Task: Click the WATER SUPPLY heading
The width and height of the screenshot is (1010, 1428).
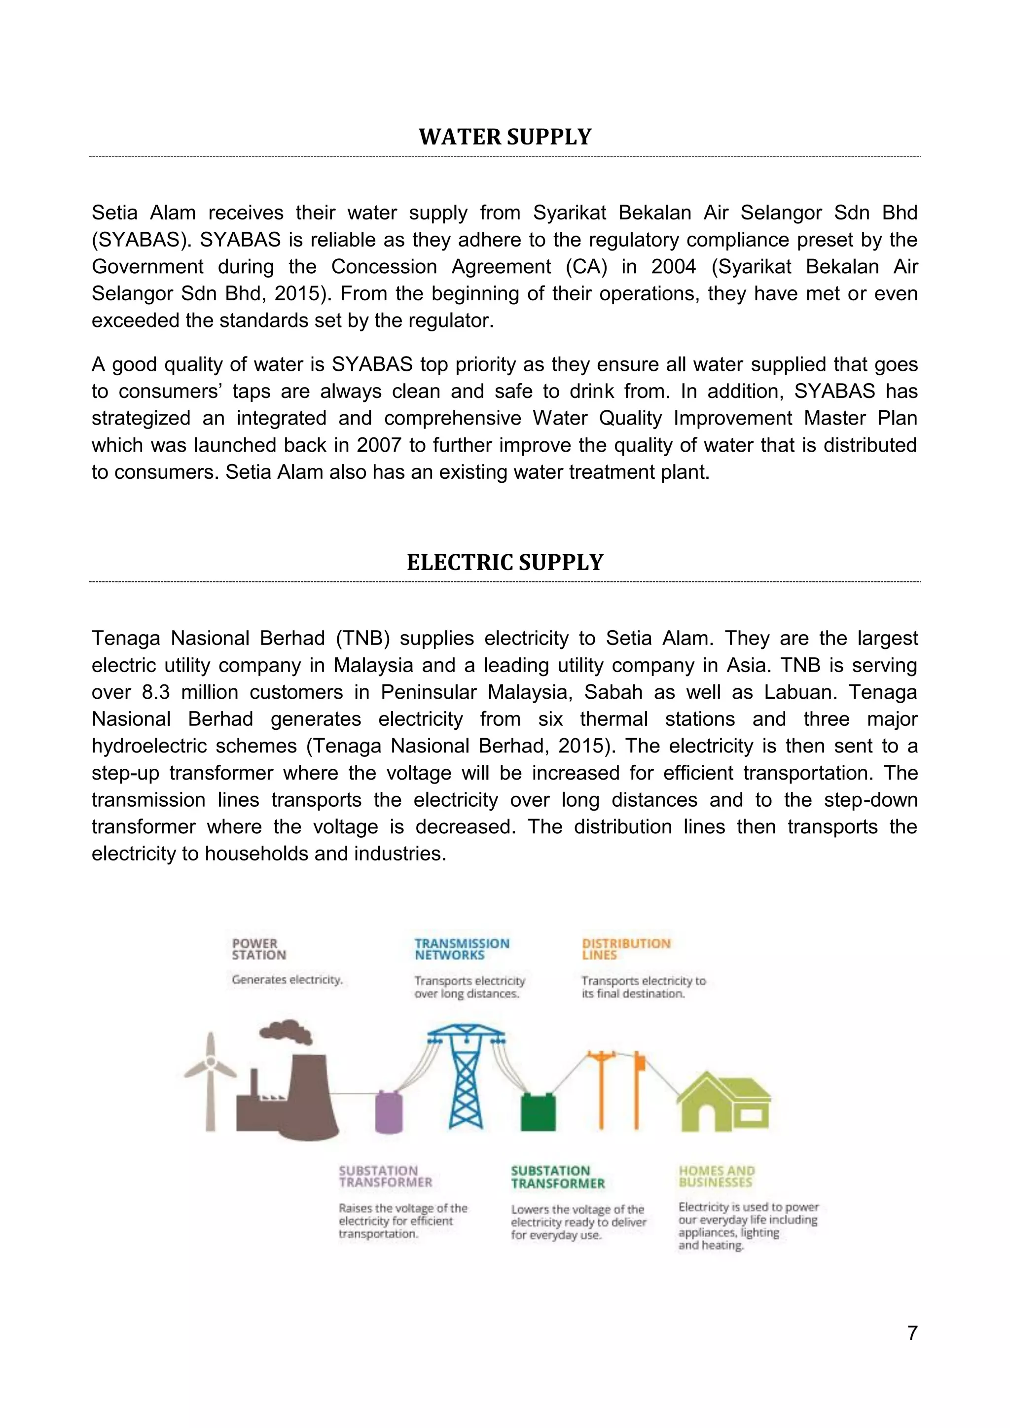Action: [x=505, y=137]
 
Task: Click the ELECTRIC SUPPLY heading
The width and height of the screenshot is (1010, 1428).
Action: [x=505, y=562]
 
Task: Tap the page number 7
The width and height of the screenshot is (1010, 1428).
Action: [x=912, y=1333]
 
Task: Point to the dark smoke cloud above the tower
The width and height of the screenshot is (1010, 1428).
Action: [x=286, y=1031]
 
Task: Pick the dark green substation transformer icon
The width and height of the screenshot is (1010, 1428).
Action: [x=538, y=1112]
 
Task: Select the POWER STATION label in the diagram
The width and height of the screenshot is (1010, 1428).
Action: [x=259, y=949]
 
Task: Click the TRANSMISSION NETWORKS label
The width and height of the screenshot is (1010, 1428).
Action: [x=462, y=949]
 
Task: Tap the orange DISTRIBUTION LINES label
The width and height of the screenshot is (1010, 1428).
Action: [x=626, y=949]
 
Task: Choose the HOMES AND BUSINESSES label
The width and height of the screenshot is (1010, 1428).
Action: [x=716, y=1176]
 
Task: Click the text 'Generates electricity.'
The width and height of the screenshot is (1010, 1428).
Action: [x=287, y=980]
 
